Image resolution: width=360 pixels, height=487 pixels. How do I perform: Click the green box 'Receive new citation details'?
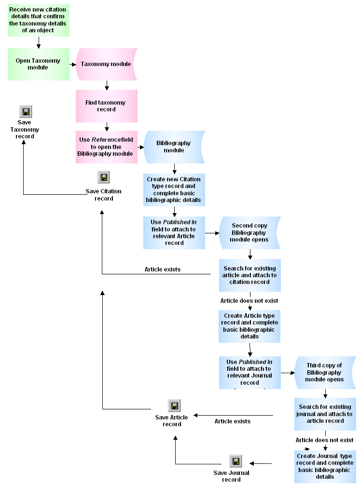[38, 20]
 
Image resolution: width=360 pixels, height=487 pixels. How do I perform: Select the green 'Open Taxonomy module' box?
[38, 64]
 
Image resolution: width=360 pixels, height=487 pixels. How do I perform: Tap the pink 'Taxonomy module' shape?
[106, 64]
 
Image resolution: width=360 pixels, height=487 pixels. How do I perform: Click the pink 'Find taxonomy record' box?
[106, 106]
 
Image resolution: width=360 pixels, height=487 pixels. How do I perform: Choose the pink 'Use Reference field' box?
[106, 147]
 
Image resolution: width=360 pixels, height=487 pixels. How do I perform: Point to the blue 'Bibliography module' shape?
[174, 147]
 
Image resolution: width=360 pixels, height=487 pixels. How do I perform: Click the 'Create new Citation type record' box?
[174, 189]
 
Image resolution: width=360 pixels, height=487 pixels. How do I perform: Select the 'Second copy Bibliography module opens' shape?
[249, 232]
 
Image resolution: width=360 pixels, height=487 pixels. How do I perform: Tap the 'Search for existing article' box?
[249, 275]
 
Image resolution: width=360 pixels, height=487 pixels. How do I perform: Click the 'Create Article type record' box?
[249, 326]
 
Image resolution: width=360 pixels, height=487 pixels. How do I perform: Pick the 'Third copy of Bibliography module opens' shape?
[324, 372]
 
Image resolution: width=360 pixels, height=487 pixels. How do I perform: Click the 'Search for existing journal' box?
[325, 414]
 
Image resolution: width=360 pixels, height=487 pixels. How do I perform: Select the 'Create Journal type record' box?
[325, 466]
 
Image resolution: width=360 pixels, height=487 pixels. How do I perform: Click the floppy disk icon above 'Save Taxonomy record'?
[26, 112]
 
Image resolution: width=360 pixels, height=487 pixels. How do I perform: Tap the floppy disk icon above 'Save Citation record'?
[103, 177]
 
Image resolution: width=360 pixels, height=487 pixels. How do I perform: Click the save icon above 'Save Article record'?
[174, 406]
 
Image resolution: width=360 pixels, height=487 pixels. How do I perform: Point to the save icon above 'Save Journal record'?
[235, 461]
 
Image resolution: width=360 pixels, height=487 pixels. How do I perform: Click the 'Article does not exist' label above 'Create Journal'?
[324, 440]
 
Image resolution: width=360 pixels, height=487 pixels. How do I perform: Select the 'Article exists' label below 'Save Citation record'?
[163, 269]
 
